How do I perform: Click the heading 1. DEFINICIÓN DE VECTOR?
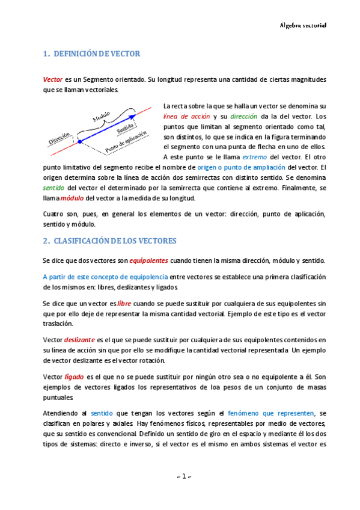click(x=92, y=54)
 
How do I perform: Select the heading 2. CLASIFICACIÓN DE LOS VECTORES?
click(x=110, y=241)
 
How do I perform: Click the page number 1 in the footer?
click(x=180, y=478)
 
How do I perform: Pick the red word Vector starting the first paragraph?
click(x=53, y=79)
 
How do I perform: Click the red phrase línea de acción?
click(x=186, y=115)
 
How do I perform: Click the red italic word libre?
click(x=124, y=305)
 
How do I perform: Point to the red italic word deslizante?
click(x=78, y=339)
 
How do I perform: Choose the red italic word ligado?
click(x=74, y=376)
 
